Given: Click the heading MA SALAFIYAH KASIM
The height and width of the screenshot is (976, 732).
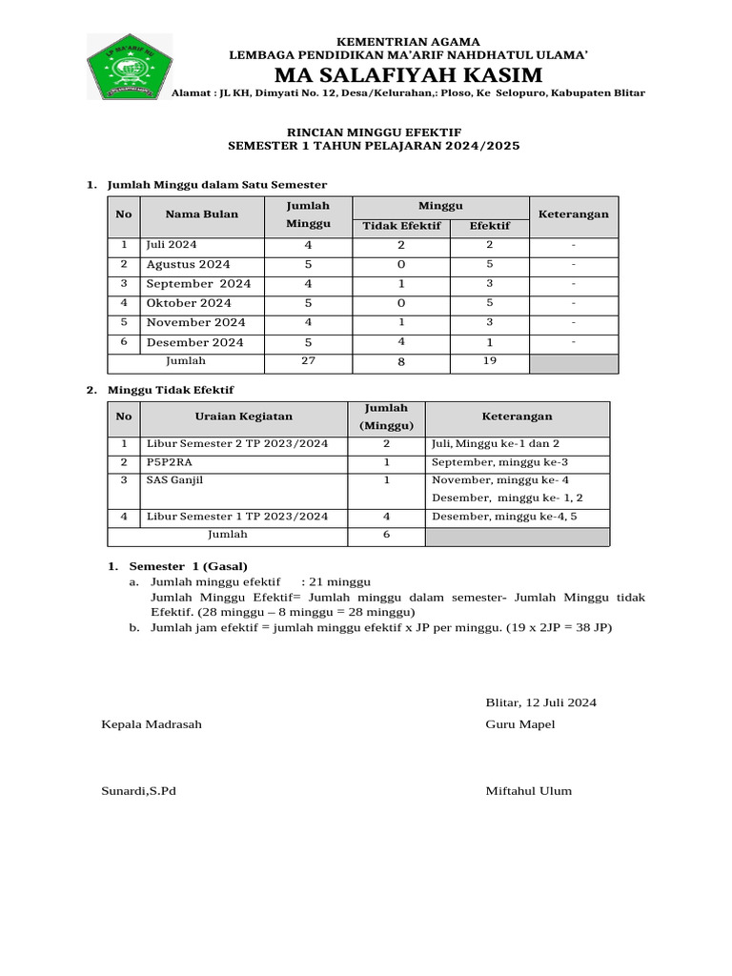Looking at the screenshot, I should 408,75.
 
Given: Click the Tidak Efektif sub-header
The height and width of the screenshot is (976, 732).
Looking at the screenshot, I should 401,226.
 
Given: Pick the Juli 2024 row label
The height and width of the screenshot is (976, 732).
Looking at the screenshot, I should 172,245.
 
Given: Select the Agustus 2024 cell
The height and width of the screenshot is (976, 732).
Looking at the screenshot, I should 188,264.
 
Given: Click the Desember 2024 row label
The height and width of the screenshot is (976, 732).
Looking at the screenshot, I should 194,342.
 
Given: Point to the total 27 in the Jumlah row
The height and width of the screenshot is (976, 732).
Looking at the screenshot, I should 308,362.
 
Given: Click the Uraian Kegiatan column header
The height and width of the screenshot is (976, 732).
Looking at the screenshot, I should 243,417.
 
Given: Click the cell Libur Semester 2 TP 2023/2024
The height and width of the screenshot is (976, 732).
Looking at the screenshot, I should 236,444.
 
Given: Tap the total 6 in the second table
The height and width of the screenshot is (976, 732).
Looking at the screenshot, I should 386,536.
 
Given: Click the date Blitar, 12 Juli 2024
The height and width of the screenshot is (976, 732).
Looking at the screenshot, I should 540,702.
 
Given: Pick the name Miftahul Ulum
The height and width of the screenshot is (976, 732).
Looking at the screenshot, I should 529,791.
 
